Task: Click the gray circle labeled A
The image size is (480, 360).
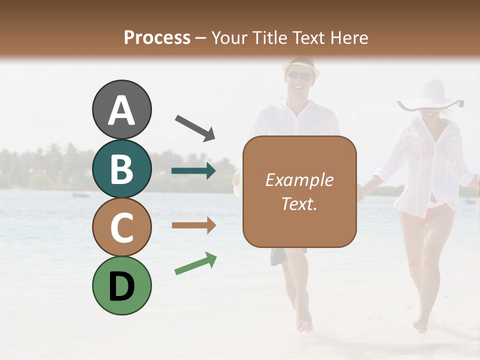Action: [121, 109]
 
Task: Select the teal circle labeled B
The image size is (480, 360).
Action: [121, 168]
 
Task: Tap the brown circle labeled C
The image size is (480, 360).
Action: [121, 227]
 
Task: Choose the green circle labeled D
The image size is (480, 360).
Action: [121, 285]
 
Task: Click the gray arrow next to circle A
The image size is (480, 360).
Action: [195, 127]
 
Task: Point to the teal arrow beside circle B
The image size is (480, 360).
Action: [194, 171]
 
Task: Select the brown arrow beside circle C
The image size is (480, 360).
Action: [194, 225]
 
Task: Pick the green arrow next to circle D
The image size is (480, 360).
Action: [195, 263]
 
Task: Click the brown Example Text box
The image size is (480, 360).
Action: [299, 192]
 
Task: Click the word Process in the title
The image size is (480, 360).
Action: [157, 37]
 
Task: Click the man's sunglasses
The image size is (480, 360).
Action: [299, 75]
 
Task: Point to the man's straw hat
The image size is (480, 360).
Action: [300, 64]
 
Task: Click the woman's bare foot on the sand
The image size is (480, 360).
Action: [421, 326]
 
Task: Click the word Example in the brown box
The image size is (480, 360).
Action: [299, 180]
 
